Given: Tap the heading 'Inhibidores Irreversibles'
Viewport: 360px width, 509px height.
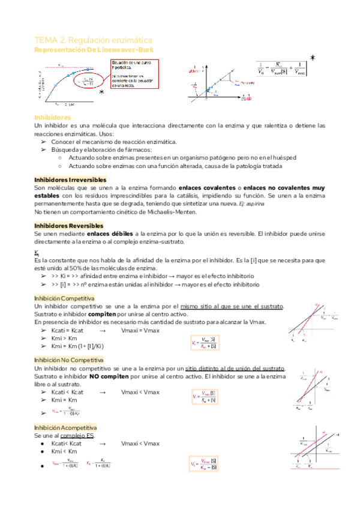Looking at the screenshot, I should coord(70,179).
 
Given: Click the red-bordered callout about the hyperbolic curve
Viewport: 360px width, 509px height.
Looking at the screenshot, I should coord(134,74).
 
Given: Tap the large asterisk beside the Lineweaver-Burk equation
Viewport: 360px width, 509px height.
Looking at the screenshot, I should coord(312,58).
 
